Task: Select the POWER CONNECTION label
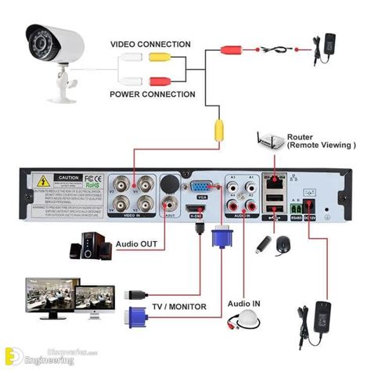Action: [x=152, y=94]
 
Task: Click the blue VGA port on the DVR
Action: [x=201, y=188]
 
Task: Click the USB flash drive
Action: [x=262, y=243]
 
